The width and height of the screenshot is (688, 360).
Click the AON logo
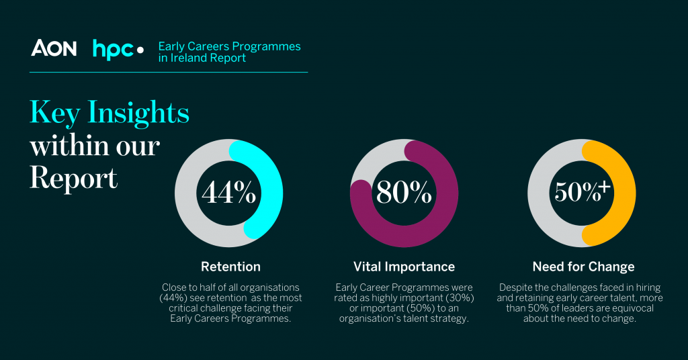pos(54,48)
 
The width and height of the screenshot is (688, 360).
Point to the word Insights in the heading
pos(138,114)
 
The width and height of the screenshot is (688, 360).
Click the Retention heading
pos(230,267)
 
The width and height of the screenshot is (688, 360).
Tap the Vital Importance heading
pos(404,267)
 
